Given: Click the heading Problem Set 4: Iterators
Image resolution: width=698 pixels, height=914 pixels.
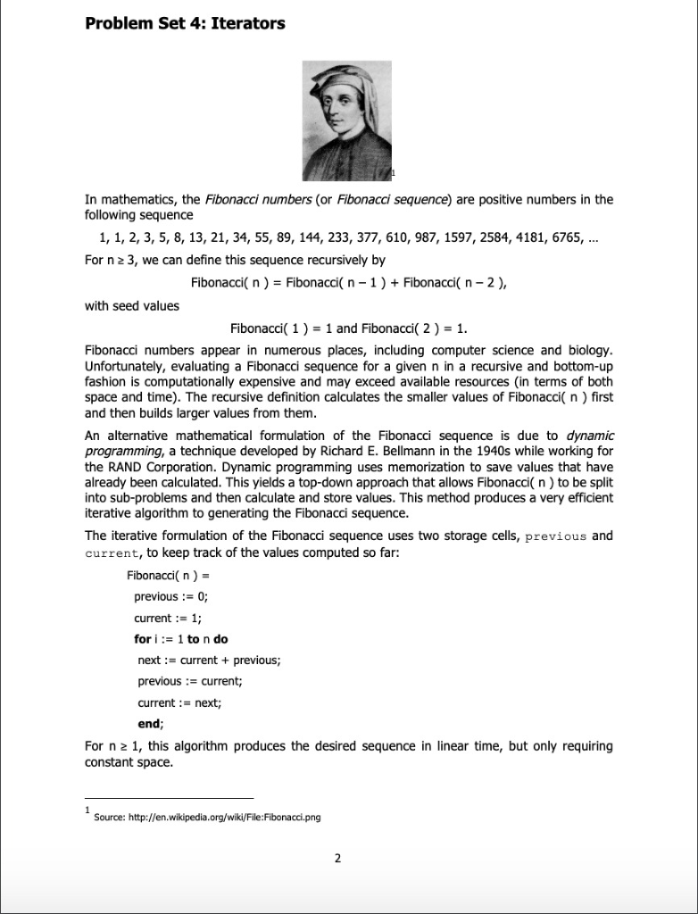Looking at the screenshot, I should pos(185,24).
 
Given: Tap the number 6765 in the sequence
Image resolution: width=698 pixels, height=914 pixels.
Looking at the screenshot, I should pos(581,237).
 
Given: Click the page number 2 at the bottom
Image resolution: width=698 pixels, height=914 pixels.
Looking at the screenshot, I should pos(337,859).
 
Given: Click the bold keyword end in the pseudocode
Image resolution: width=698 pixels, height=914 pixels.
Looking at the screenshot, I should pos(148,724).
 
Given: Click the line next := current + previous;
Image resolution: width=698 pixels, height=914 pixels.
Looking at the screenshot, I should pos(209,660).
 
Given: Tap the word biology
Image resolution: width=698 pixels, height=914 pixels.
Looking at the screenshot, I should pos(588,348).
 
